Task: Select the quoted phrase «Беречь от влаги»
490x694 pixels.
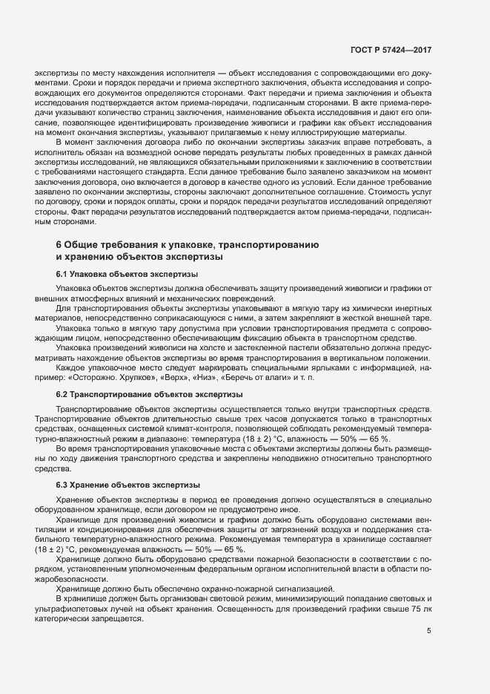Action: [x=259, y=378]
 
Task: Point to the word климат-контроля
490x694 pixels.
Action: [x=197, y=428]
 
